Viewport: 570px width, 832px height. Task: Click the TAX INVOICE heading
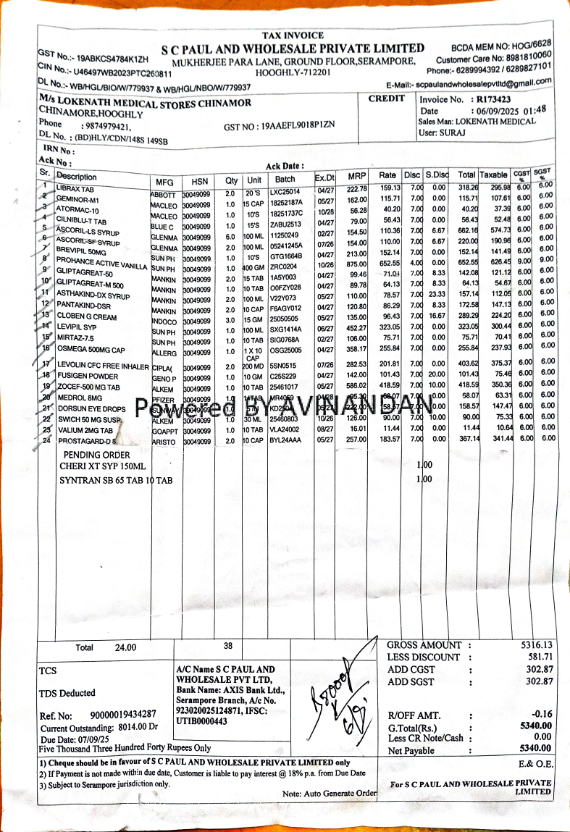293,35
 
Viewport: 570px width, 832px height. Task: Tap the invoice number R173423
493,99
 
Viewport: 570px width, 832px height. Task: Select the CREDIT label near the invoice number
387,98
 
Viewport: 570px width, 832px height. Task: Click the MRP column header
357,177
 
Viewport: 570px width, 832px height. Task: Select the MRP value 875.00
356,265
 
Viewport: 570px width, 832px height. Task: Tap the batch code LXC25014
285,190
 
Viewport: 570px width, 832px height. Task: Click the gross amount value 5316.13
536,645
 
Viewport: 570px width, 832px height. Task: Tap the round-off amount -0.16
541,715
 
